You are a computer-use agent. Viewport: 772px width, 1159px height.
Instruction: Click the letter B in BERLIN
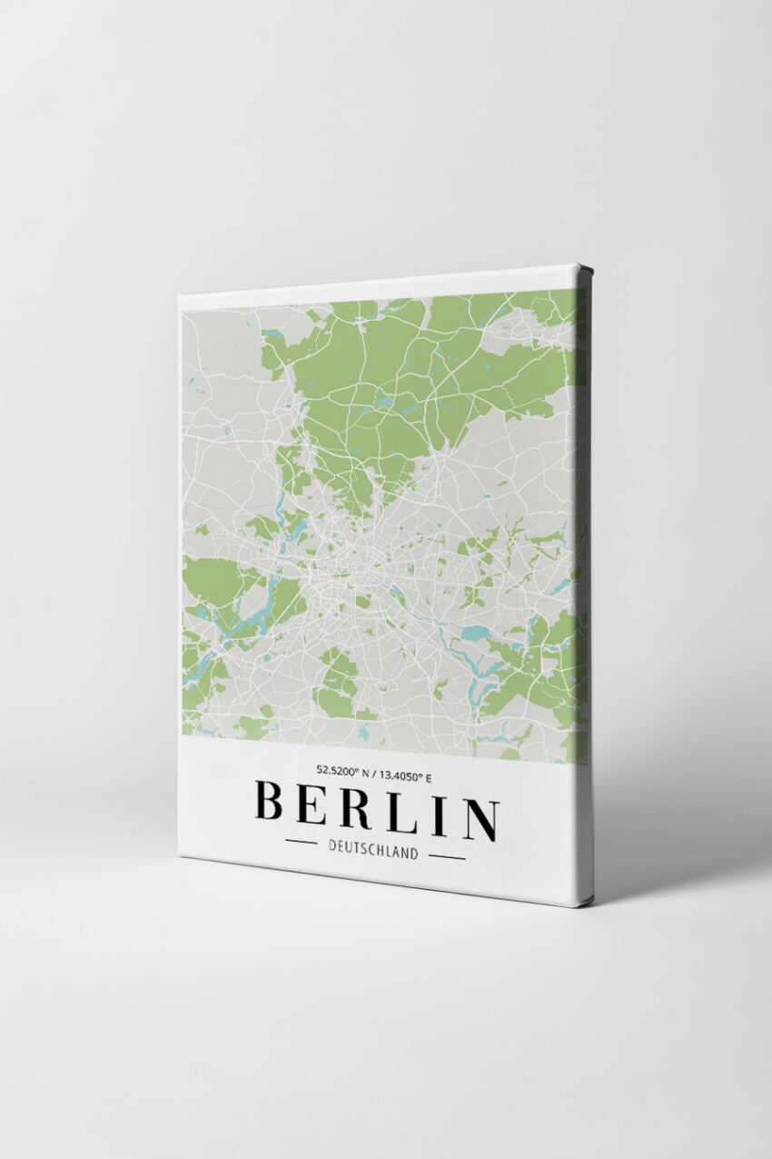click(270, 800)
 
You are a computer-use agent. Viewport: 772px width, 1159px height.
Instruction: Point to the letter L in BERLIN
click(401, 813)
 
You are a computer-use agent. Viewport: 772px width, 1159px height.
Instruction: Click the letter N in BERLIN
click(480, 820)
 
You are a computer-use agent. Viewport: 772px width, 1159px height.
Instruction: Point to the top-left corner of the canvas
click(181, 297)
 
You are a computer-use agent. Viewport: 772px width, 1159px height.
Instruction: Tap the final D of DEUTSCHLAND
click(415, 855)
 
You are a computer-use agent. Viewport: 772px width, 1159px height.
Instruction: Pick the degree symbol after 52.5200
click(351, 768)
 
